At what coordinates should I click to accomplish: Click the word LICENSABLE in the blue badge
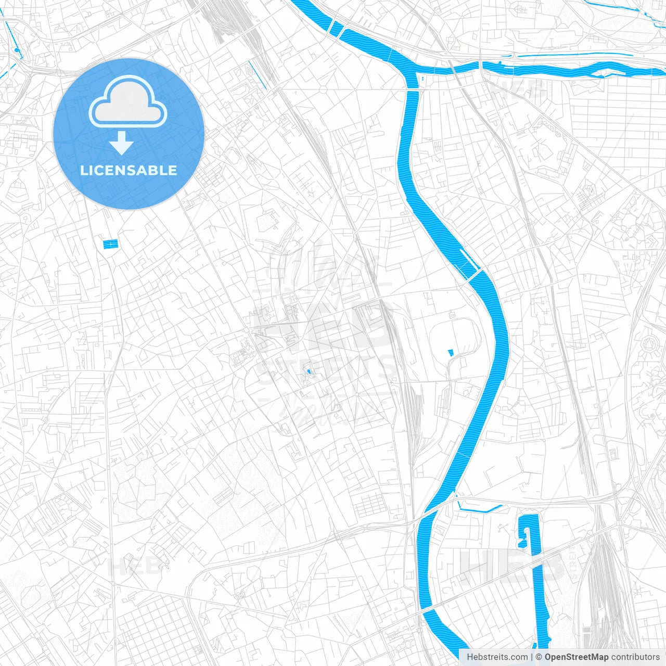[x=129, y=170]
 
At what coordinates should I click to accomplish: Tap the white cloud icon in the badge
[x=128, y=103]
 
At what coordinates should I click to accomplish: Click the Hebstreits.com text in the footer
[x=497, y=657]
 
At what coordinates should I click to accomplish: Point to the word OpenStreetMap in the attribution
[x=576, y=657]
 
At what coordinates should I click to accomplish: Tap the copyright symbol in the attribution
[x=539, y=657]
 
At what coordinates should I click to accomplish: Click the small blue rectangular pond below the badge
[x=110, y=244]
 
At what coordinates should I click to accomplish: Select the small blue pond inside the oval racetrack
[x=451, y=352]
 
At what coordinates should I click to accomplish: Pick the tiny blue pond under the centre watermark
[x=309, y=372]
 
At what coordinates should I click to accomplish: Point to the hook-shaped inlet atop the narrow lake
[x=524, y=533]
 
